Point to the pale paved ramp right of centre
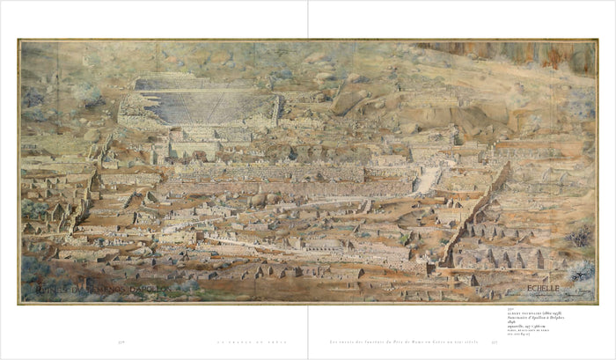click(x=428, y=180)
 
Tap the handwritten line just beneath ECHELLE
click(x=563, y=294)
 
